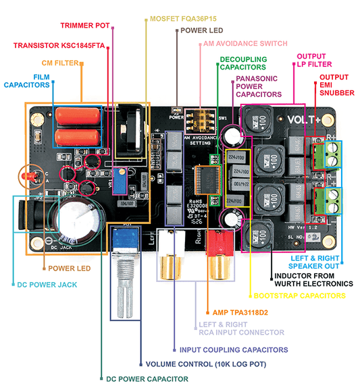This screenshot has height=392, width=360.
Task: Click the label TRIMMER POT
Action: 85,26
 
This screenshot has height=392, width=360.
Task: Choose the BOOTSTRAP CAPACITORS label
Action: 299,296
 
